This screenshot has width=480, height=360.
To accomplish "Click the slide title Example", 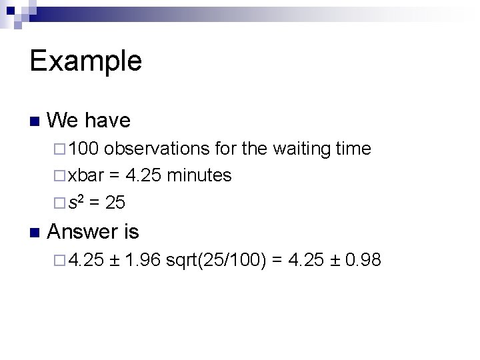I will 85,61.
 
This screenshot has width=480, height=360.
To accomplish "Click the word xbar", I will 86,175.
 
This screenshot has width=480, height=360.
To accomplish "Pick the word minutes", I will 199,175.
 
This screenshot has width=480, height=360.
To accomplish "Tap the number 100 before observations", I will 84,149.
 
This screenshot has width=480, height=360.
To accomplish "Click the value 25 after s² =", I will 116,201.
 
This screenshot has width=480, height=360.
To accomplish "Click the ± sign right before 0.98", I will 335,260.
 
